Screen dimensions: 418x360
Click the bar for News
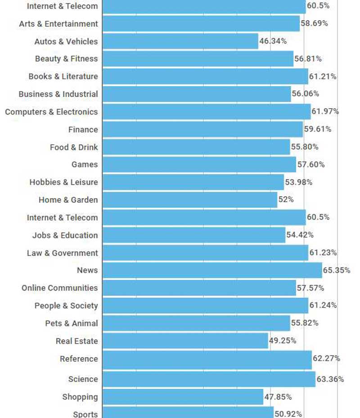[x=212, y=270]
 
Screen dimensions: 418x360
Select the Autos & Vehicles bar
[x=180, y=41]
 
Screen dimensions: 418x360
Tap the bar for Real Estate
[x=185, y=341]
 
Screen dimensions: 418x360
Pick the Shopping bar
[x=183, y=397]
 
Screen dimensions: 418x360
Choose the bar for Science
[x=209, y=379]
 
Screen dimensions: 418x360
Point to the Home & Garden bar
[x=189, y=200]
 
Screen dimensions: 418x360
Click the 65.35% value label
[x=337, y=270]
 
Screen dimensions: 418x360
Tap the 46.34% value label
[x=273, y=41]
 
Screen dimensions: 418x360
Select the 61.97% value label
[x=325, y=111]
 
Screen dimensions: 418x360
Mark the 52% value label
[x=286, y=200]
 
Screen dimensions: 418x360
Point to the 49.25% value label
[x=283, y=341]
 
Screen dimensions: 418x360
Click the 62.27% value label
[x=326, y=359]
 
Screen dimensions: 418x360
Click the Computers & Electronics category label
[x=51, y=112]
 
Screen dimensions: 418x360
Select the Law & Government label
[x=62, y=253]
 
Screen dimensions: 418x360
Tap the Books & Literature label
[x=63, y=77]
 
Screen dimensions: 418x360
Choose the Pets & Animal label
[x=71, y=323]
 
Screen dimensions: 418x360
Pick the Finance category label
[x=83, y=129]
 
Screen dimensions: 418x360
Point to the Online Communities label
[x=59, y=288]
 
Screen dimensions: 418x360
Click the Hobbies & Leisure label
[x=63, y=182]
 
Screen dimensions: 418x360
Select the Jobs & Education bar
[x=193, y=235]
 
